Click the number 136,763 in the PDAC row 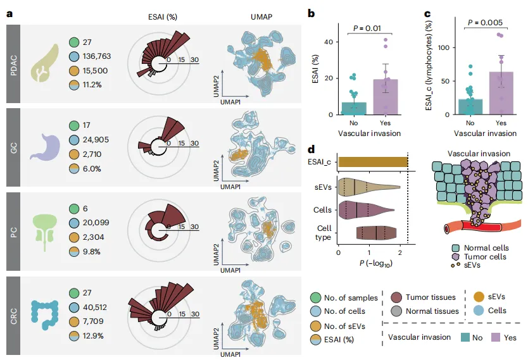tap(97, 56)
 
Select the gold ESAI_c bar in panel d tap(373, 162)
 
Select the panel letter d tap(311, 149)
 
